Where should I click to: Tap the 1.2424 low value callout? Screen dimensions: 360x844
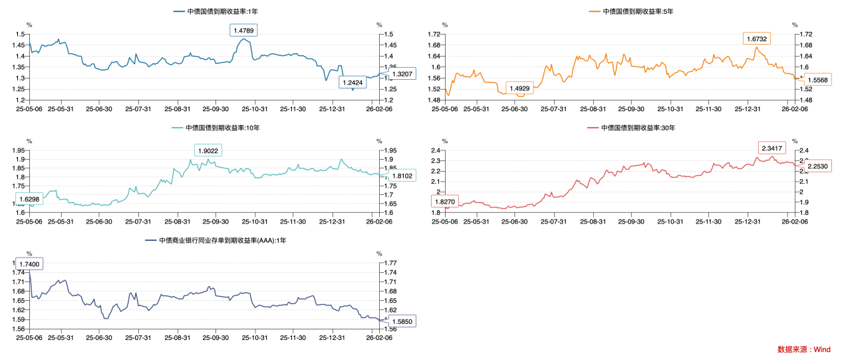pyautogui.click(x=352, y=83)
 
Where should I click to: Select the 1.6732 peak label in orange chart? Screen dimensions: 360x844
pyautogui.click(x=757, y=39)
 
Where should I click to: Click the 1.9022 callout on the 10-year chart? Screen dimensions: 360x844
pyautogui.click(x=208, y=151)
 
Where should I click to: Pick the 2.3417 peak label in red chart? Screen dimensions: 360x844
pyautogui.click(x=773, y=148)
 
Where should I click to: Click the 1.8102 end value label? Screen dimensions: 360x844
pyautogui.click(x=402, y=176)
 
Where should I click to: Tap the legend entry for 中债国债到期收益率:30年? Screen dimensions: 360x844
pyautogui.click(x=631, y=127)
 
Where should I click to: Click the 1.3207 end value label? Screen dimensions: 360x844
pyautogui.click(x=402, y=74)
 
